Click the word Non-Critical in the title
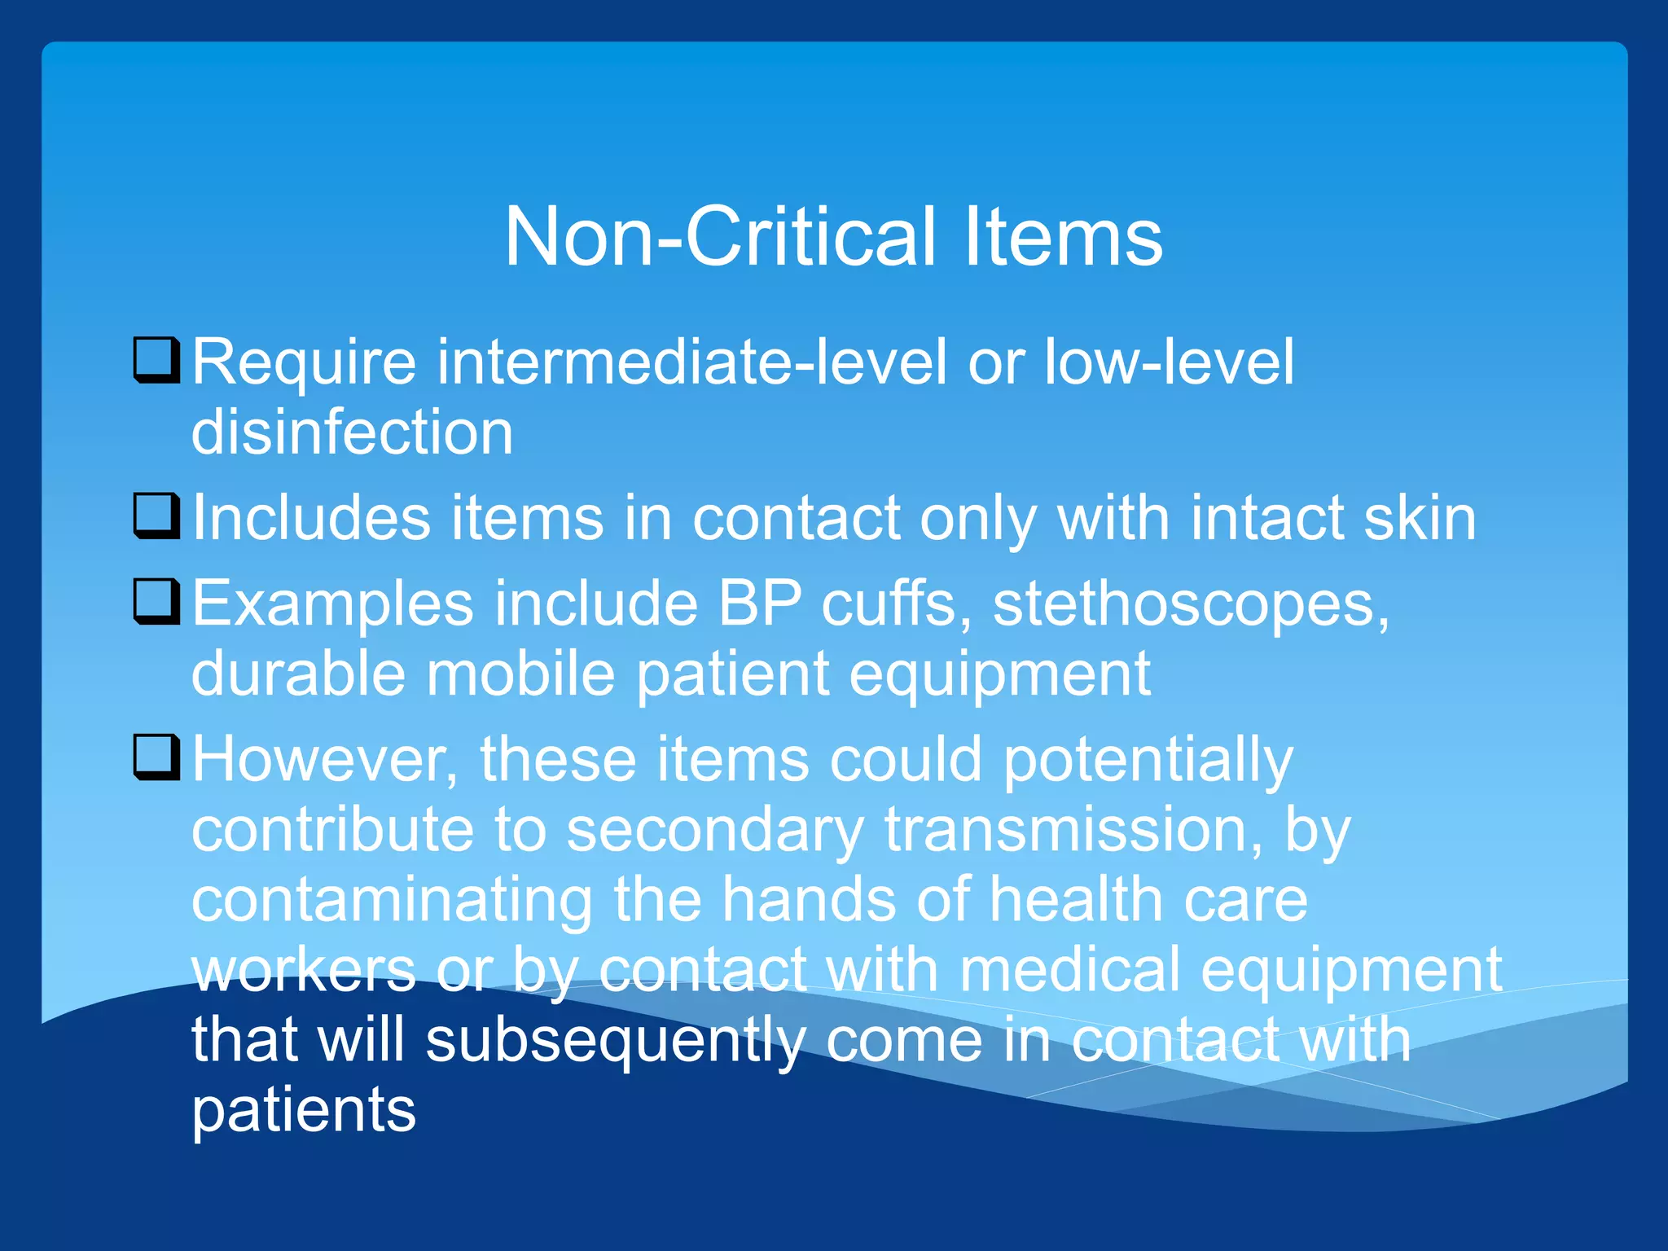pyautogui.click(x=720, y=237)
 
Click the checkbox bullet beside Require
pyautogui.click(x=156, y=360)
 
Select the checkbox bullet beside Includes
pyautogui.click(x=156, y=516)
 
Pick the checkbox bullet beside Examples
pyautogui.click(x=156, y=602)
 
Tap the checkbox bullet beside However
pyautogui.click(x=156, y=757)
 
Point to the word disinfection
pyautogui.click(x=352, y=432)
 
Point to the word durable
pyautogui.click(x=298, y=674)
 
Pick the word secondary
pyautogui.click(x=714, y=831)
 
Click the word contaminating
pyautogui.click(x=392, y=901)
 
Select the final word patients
pyautogui.click(x=303, y=1111)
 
